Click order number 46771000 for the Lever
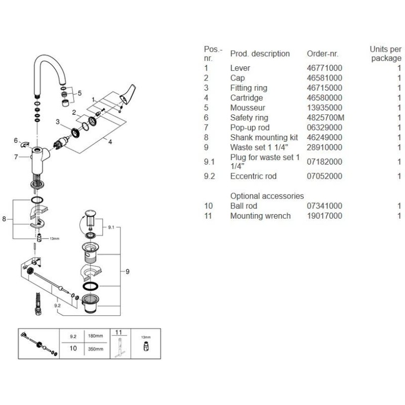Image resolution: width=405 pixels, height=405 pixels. pyautogui.click(x=325, y=68)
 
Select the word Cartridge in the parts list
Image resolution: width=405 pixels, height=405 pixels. pyautogui.click(x=247, y=98)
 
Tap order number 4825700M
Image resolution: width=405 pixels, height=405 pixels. pyautogui.click(x=326, y=117)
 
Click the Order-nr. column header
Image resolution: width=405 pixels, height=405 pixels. pyautogui.click(x=323, y=54)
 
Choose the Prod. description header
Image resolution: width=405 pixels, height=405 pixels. pyautogui.click(x=260, y=54)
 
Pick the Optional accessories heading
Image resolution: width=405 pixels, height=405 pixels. pyautogui.click(x=267, y=196)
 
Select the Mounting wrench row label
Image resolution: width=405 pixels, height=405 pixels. pyautogui.click(x=260, y=216)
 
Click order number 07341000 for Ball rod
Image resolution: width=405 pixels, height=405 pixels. pyautogui.click(x=325, y=206)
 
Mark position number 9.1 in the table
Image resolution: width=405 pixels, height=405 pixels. pyautogui.click(x=210, y=162)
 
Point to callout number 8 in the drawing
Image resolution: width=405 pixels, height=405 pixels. pyautogui.click(x=4, y=219)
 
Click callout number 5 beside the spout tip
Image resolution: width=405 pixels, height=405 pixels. pyautogui.click(x=79, y=93)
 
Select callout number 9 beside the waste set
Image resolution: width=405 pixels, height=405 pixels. pyautogui.click(x=128, y=272)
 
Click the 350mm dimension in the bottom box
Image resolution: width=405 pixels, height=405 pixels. pyautogui.click(x=96, y=349)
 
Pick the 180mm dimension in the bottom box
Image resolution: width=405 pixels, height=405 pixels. pyautogui.click(x=96, y=336)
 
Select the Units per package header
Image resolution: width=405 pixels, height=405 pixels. pyautogui.click(x=385, y=54)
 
